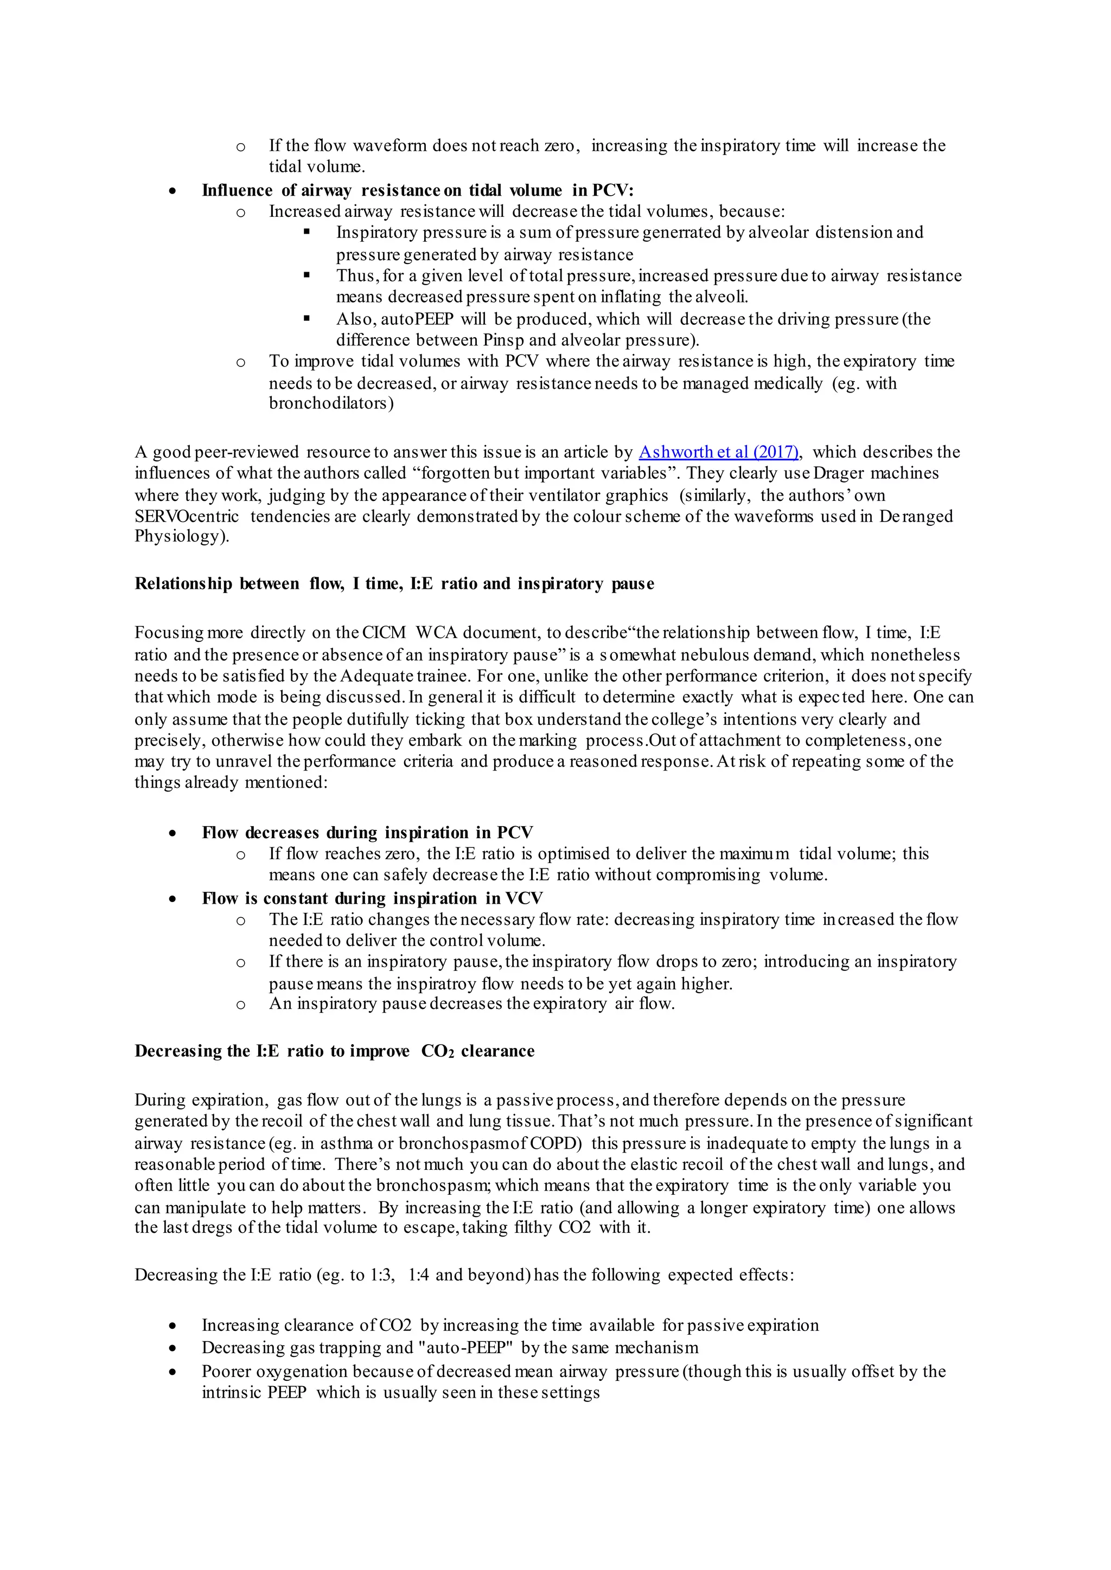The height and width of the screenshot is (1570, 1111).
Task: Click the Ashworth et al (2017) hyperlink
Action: click(718, 452)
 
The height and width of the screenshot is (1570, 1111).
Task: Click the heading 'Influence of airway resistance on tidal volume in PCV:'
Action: click(417, 190)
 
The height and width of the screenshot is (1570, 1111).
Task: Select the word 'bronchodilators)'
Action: click(331, 403)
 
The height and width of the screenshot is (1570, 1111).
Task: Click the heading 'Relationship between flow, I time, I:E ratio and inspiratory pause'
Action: click(394, 583)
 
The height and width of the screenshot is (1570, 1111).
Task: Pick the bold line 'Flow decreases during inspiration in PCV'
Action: click(367, 832)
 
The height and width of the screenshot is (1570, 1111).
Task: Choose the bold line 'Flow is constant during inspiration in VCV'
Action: click(372, 898)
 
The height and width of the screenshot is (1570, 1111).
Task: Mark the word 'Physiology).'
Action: click(182, 536)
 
